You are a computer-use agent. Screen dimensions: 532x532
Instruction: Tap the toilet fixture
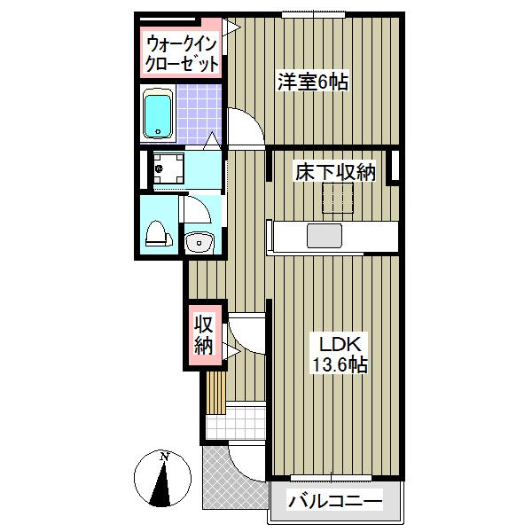tap(156, 233)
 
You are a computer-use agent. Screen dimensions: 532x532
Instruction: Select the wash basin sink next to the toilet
tap(199, 240)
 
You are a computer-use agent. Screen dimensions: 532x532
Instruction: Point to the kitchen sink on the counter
tap(325, 237)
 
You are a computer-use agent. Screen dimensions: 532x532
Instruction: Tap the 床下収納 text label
tap(334, 172)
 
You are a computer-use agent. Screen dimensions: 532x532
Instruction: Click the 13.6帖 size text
tap(337, 364)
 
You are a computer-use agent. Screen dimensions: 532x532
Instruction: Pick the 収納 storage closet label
tap(204, 336)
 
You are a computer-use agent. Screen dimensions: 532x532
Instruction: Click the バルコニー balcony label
tap(335, 503)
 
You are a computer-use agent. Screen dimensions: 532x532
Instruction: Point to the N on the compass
tap(165, 458)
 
